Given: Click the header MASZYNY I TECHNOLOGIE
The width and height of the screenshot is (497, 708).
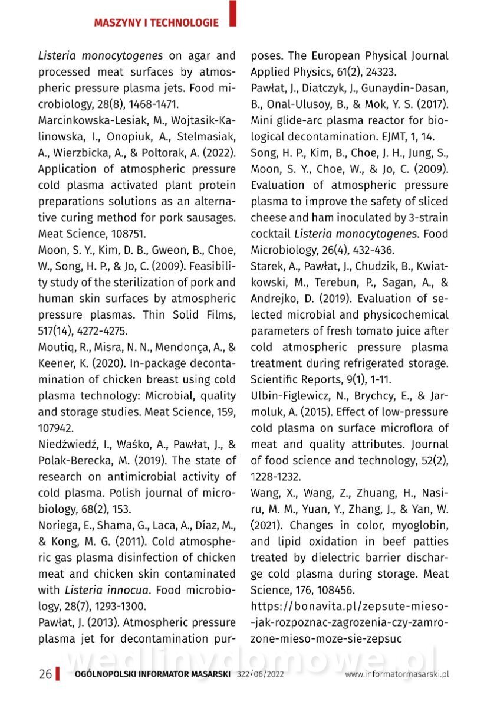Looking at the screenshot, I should [156, 23].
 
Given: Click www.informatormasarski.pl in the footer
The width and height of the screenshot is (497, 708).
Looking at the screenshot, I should [397, 674].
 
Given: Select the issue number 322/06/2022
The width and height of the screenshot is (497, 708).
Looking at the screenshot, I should [260, 674].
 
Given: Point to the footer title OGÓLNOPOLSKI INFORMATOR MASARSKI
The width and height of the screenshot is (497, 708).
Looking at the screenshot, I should [152, 674].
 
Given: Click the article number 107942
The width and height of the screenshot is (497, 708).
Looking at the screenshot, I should [57, 427].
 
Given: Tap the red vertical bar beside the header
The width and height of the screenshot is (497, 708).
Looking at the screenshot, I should [233, 14].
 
